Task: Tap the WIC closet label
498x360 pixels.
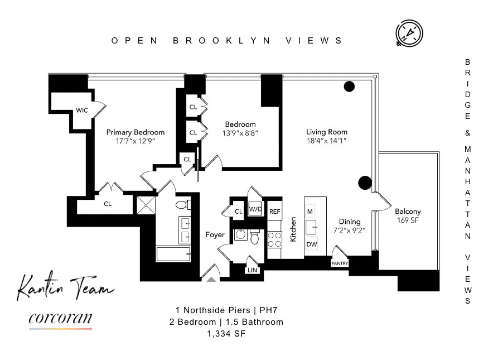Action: tap(82, 111)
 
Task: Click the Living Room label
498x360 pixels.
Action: tap(327, 132)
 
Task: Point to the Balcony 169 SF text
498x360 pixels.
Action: tap(408, 216)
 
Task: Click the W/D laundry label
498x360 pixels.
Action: tap(255, 210)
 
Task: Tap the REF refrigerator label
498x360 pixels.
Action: tap(274, 212)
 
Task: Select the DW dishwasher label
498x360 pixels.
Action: tap(311, 244)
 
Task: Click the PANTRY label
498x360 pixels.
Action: tap(340, 263)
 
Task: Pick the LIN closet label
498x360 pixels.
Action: tap(252, 271)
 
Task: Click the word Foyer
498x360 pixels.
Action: tap(215, 235)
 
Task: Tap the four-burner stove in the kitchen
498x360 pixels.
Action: tap(274, 240)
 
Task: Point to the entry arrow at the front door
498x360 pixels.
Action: tap(211, 279)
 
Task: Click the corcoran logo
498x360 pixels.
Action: tap(60, 320)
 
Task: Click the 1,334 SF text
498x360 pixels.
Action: tap(226, 334)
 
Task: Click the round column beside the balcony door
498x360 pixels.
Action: tap(365, 182)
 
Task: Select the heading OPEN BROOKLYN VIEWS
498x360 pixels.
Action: tap(228, 40)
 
